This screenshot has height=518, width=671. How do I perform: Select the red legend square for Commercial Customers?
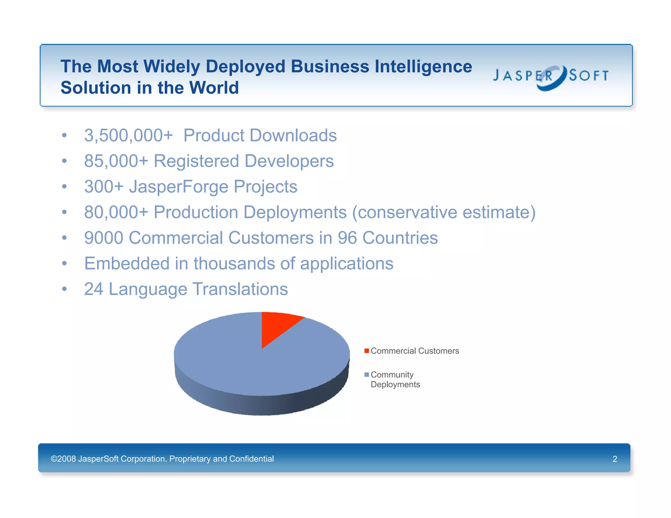[367, 351]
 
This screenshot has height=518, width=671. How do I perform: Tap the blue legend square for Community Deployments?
[367, 374]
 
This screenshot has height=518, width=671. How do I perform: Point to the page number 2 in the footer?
[615, 459]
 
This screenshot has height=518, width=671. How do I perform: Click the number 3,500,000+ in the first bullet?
[128, 136]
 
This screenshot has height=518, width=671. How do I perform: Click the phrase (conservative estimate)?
[444, 212]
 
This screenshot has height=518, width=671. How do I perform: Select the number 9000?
[104, 238]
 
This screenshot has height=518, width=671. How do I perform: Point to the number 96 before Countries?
[347, 238]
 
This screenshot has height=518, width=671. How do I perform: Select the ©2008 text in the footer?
[63, 459]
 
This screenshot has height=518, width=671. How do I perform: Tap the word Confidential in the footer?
[251, 459]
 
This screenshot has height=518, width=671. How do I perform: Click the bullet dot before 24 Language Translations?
[65, 289]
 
